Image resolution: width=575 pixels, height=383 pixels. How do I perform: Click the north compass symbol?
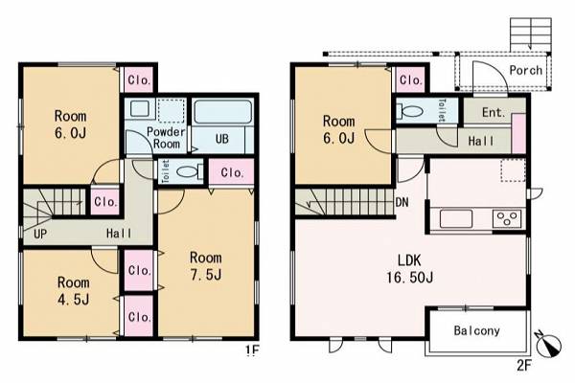coord(548,344)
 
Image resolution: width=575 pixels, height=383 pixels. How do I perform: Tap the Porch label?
coord(525,70)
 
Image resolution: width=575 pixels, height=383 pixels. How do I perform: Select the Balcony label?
coord(476,330)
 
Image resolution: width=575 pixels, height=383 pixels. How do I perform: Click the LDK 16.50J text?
coord(409,269)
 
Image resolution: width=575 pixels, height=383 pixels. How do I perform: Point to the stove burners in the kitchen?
coord(507,219)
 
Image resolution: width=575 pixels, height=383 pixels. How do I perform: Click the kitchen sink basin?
coord(456,219)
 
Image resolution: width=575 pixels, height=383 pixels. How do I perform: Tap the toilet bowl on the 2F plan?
coord(410,110)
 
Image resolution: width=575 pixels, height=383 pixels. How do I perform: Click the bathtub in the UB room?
coord(223,112)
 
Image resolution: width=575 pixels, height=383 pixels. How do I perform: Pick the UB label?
coord(222,139)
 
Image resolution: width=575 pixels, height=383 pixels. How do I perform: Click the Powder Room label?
coord(166,138)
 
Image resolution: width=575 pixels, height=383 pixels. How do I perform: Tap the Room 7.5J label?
coord(206,266)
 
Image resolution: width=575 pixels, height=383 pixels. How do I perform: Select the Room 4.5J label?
coord(74,291)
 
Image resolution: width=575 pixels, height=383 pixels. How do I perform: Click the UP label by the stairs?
coord(40,234)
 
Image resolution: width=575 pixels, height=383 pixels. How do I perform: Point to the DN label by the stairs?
coord(402,202)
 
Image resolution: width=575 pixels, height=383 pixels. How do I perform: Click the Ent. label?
coord(494,112)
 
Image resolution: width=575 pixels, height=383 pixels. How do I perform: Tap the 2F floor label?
coord(524,365)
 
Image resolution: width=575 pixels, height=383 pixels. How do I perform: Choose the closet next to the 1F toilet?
coord(232,172)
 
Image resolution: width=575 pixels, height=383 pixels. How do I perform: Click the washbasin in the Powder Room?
coord(140,109)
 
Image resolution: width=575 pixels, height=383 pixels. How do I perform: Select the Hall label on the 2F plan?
coord(481,141)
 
